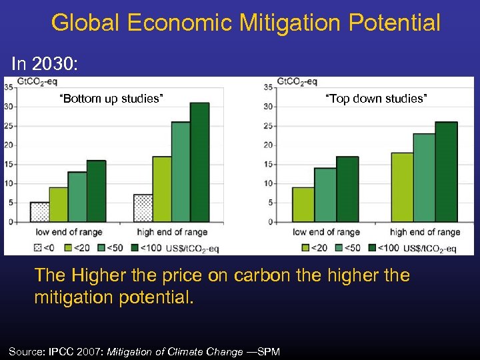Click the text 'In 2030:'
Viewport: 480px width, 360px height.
[x=45, y=64]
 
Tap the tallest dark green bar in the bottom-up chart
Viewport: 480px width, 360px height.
[x=199, y=162]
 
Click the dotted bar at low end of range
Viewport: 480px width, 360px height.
[x=39, y=212]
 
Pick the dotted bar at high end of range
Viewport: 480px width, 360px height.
[x=143, y=208]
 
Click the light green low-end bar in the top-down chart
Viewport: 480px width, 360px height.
[x=303, y=205]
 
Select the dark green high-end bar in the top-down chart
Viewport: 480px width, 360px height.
[x=446, y=172]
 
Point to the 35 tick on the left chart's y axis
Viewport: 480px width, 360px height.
[x=9, y=87]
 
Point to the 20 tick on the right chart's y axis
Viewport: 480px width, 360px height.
[x=268, y=145]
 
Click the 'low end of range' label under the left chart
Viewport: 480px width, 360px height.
[x=69, y=233]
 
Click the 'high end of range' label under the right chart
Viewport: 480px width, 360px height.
[x=425, y=233]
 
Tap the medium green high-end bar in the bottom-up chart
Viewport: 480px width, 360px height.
[x=181, y=172]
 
